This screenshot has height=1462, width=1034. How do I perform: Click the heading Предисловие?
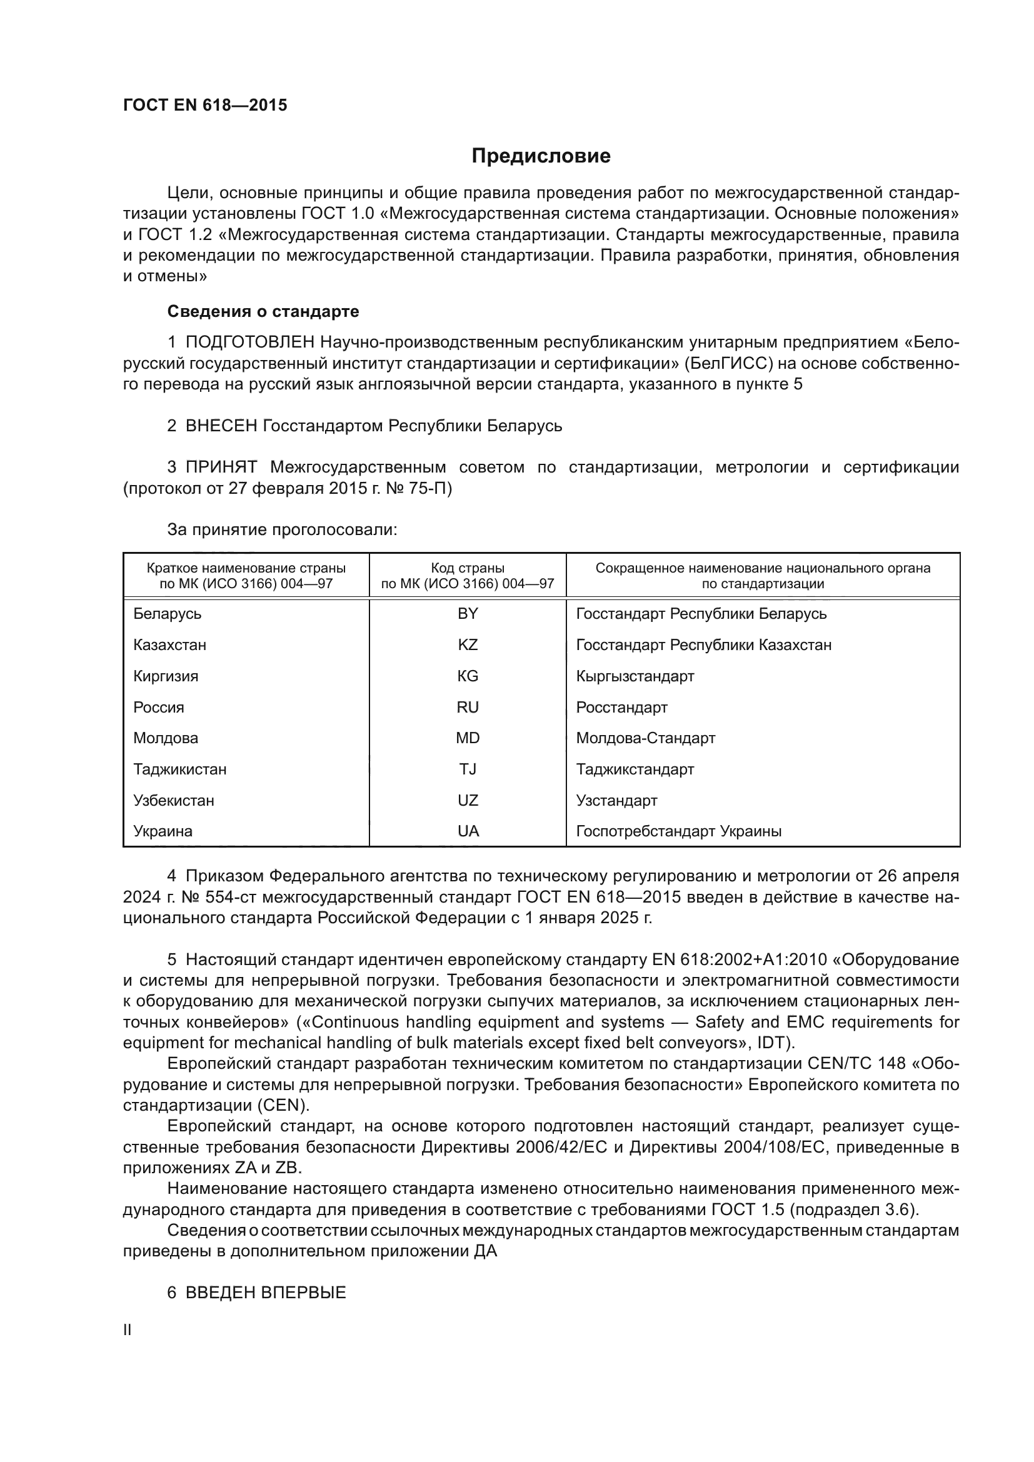tap(541, 156)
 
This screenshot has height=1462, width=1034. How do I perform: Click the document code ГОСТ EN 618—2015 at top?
tap(205, 106)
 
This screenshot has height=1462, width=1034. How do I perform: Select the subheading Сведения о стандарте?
tap(263, 311)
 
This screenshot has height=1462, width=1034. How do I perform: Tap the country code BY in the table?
tap(468, 614)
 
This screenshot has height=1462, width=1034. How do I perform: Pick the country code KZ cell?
tap(468, 645)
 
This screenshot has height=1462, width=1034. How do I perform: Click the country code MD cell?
tap(468, 738)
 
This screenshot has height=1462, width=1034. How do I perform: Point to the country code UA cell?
tap(468, 831)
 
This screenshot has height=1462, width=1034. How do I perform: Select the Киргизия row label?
tap(166, 676)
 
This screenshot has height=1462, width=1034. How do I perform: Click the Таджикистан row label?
tap(179, 769)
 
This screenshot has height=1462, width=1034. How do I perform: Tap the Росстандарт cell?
tap(621, 708)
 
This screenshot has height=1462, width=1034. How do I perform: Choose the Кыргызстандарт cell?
tap(635, 676)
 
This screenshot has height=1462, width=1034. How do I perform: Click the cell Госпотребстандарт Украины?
tap(679, 831)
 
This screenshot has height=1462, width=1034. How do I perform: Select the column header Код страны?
tap(468, 568)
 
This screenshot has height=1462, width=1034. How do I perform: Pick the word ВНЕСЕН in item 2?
tap(221, 426)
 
